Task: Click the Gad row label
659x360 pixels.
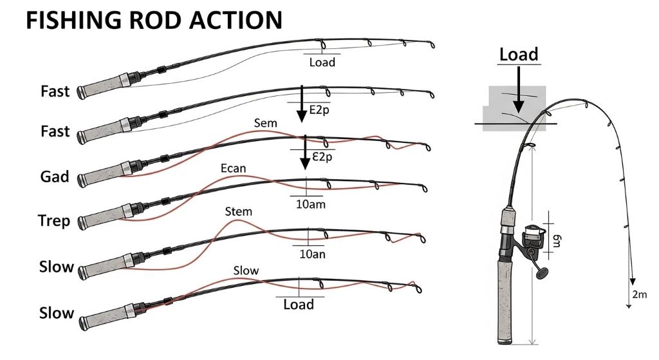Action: [x=55, y=176]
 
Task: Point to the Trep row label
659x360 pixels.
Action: [x=54, y=222]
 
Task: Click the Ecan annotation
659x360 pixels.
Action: [x=233, y=169]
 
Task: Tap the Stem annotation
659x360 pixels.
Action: [x=239, y=211]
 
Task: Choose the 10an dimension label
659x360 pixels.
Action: [x=312, y=254]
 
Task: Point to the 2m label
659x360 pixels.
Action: [x=640, y=296]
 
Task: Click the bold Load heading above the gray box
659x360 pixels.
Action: [x=519, y=54]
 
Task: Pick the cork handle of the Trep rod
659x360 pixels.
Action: [x=103, y=219]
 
